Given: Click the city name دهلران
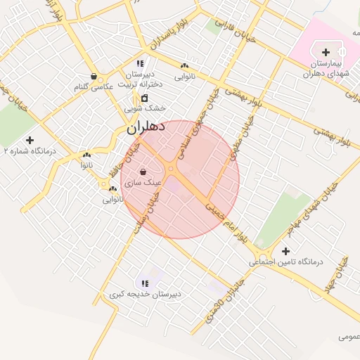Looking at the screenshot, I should pyautogui.click(x=146, y=128).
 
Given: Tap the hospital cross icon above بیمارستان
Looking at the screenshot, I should pyautogui.click(x=326, y=52).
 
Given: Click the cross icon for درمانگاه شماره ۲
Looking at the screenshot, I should pyautogui.click(x=30, y=140).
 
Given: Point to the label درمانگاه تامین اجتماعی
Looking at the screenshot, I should pyautogui.click(x=285, y=262).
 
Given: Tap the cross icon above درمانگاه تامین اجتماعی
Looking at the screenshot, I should pyautogui.click(x=285, y=251).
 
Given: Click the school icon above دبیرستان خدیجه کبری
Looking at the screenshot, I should pyautogui.click(x=145, y=283).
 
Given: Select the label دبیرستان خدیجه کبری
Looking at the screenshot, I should pyautogui.click(x=146, y=294).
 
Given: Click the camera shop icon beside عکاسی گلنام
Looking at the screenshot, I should pyautogui.click(x=94, y=76).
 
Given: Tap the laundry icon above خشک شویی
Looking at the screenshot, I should pyautogui.click(x=145, y=98).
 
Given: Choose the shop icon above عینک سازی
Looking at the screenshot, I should pyautogui.click(x=143, y=172).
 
